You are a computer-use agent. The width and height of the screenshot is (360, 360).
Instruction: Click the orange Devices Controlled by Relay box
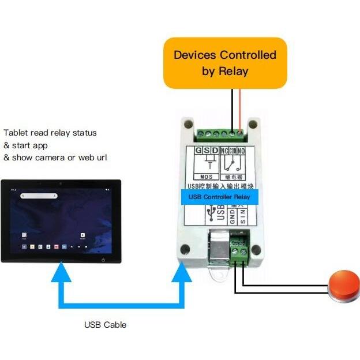point(225,63)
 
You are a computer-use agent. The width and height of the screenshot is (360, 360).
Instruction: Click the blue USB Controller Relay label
point(220,197)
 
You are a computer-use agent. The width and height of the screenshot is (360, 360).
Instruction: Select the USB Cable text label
point(105,325)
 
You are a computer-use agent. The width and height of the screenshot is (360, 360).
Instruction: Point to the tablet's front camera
point(61,184)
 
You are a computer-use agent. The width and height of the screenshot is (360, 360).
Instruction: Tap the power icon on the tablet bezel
point(103,260)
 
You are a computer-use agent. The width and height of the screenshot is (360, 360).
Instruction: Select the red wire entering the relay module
point(240,110)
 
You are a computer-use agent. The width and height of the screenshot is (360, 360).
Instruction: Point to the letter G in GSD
point(198,151)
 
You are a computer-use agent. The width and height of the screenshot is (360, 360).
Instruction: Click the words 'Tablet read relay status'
point(50,133)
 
